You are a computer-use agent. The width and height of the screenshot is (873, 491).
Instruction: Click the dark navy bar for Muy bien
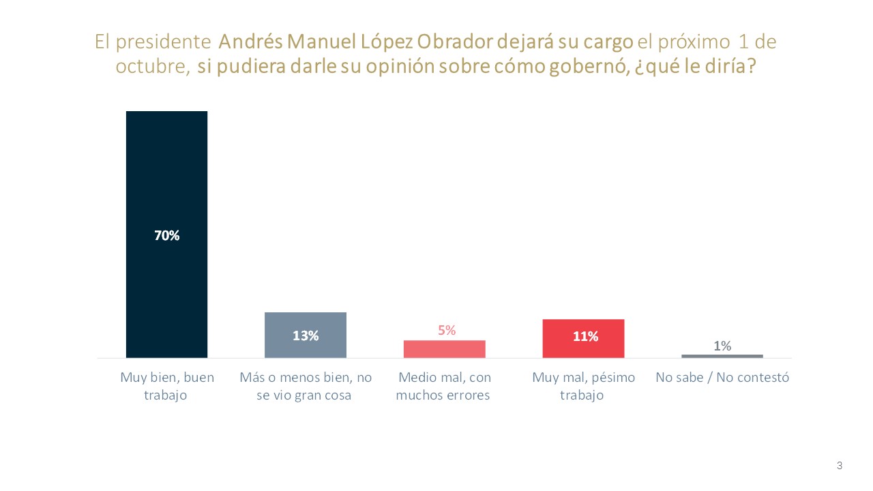166,170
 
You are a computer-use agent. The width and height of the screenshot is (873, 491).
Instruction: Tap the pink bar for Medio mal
444,349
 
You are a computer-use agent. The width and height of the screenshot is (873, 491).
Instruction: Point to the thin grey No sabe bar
722,356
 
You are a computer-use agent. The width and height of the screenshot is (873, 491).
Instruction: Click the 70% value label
166,236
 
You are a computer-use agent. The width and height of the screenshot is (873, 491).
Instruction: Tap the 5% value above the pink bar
447,331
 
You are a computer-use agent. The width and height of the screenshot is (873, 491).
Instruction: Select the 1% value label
722,346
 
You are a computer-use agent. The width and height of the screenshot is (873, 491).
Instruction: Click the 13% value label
306,336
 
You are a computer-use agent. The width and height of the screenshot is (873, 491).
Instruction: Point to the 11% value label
585,336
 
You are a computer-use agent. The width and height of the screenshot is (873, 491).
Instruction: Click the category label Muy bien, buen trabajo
166,386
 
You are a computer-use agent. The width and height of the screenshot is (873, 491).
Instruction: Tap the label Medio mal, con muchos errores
444,386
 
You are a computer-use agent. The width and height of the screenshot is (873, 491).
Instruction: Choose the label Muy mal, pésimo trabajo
583,386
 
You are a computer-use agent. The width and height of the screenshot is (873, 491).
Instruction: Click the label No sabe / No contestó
722,377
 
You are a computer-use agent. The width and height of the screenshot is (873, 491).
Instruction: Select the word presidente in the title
171,42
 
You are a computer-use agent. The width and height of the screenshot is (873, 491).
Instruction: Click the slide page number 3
840,466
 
